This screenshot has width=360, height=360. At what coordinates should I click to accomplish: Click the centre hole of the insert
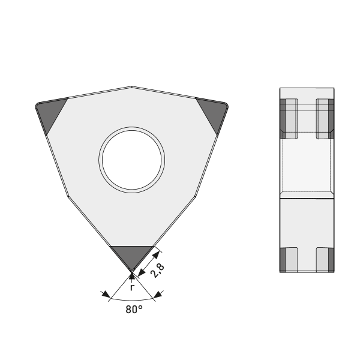point(132,160)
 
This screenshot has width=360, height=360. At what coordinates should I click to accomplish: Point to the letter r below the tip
point(132,287)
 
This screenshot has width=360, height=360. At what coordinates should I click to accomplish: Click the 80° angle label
point(134,310)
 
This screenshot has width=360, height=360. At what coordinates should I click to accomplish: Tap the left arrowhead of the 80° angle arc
point(106,295)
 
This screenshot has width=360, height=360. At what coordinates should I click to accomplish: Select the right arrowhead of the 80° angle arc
point(157,294)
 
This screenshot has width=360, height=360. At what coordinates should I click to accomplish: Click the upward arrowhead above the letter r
point(132,277)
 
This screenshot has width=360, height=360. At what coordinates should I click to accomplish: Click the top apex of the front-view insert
point(132,86)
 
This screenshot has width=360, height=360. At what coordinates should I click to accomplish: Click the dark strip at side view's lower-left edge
point(283,259)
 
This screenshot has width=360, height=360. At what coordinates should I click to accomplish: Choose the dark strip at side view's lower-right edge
point(331,259)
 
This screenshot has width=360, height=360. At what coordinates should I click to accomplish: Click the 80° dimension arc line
point(132,299)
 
